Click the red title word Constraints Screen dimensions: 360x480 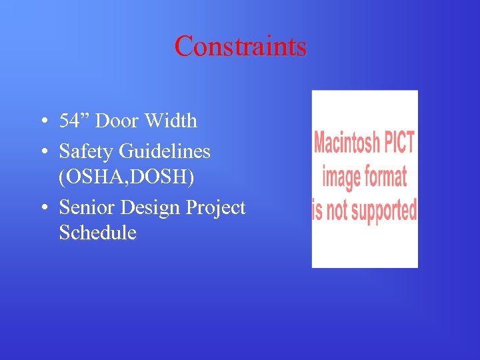240,46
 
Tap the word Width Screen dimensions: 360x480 173,121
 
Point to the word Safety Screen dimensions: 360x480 87,151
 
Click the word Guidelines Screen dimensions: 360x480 165,151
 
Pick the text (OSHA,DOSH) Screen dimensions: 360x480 127,177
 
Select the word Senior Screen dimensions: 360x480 87,207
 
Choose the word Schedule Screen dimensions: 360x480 97,233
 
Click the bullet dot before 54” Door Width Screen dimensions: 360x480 43,121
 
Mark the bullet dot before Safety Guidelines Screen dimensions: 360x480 43,152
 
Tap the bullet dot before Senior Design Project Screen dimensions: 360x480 43,208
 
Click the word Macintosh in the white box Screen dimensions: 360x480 347,143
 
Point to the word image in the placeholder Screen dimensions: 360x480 341,177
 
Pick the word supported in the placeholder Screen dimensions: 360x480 384,210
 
